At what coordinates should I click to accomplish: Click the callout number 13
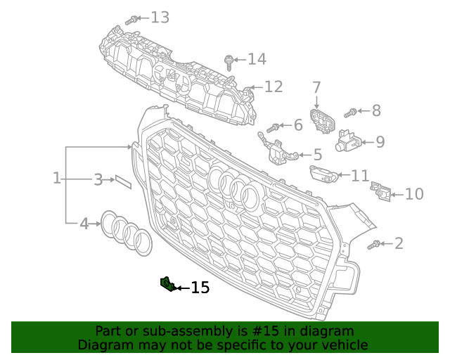pos(160,17)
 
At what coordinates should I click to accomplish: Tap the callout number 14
pos(257,59)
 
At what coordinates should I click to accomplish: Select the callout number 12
pos(274,86)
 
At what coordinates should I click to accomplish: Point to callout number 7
pos(316,88)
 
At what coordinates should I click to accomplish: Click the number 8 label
pos(376,110)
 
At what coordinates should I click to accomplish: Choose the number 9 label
pos(380,142)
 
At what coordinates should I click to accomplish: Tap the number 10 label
pos(414,193)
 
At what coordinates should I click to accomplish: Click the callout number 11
pos(359,175)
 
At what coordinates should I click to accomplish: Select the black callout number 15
pos(200,288)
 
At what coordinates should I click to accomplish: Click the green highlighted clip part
pos(167,283)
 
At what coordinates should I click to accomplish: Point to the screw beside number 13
pos(130,21)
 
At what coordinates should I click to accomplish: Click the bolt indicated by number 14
pos(229,63)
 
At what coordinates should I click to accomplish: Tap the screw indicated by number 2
pos(374,245)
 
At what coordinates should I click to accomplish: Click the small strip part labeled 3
pos(123,181)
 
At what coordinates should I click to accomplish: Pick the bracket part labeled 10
pos(382,191)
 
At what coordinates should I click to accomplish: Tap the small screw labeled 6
pos(273,128)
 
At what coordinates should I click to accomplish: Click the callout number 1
pos(57,178)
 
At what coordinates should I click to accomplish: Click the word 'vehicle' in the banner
pos(342,345)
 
